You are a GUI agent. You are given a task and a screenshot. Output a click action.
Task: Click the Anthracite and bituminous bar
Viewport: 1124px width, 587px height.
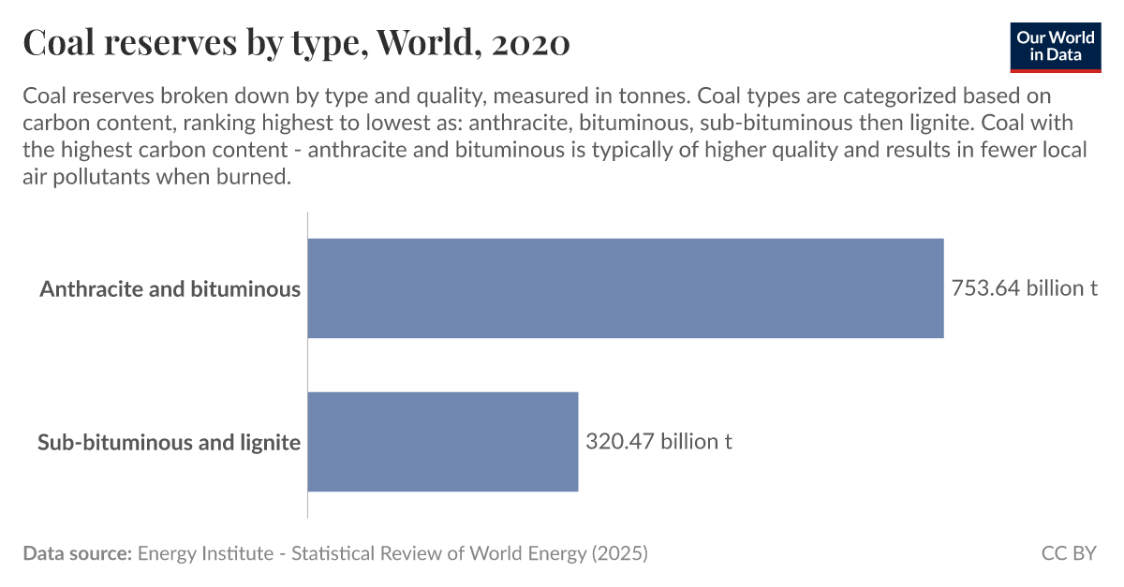(625, 287)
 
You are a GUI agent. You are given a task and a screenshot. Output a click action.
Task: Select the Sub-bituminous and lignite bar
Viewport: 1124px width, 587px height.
(442, 441)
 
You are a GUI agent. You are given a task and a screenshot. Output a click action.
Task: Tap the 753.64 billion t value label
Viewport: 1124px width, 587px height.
(1024, 288)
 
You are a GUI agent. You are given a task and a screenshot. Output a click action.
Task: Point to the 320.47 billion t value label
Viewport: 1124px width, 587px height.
(658, 441)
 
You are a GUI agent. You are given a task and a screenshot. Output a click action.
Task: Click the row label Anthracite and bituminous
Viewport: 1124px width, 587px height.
(170, 288)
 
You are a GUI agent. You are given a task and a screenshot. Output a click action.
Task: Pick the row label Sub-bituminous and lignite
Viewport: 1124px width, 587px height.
(169, 442)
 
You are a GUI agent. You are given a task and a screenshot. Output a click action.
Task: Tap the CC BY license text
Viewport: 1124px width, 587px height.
(1068, 553)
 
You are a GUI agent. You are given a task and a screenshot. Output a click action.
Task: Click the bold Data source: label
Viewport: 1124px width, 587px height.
(77, 553)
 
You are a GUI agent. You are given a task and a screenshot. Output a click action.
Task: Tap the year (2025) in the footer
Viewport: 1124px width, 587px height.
(618, 553)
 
